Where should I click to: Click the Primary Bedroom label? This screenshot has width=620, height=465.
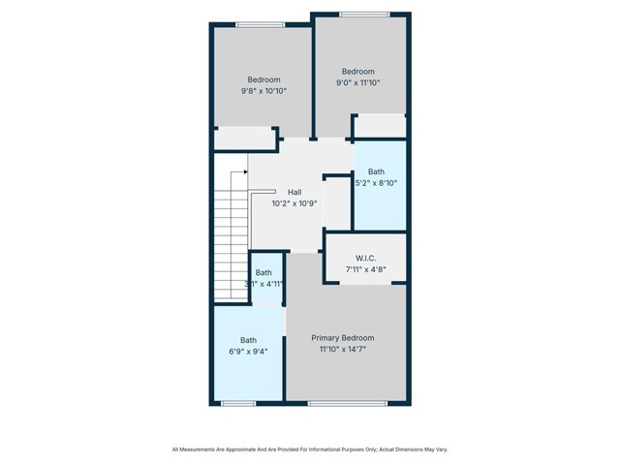[x=342, y=338]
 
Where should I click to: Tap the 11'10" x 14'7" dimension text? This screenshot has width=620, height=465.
[x=342, y=350]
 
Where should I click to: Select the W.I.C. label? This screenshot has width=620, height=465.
[x=365, y=258]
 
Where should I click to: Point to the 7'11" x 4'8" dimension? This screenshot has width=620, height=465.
[x=365, y=269]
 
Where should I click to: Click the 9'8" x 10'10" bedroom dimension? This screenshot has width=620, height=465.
[x=263, y=91]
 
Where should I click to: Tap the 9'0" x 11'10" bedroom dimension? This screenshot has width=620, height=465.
[x=358, y=82]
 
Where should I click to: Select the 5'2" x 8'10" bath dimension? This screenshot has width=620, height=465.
[x=376, y=183]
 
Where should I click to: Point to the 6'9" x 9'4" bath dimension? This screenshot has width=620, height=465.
[x=249, y=352]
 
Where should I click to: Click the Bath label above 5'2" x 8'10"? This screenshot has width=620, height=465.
[x=376, y=171]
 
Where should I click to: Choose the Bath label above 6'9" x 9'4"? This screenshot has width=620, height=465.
[x=249, y=340]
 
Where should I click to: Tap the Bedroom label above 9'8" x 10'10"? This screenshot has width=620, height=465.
[x=263, y=79]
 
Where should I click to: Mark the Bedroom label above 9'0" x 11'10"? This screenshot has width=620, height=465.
[x=358, y=71]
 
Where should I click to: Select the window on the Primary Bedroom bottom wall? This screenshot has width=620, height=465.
[x=347, y=403]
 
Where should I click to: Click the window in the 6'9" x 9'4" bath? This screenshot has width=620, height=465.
[x=238, y=403]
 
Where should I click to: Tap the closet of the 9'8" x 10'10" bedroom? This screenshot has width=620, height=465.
[x=245, y=139]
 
